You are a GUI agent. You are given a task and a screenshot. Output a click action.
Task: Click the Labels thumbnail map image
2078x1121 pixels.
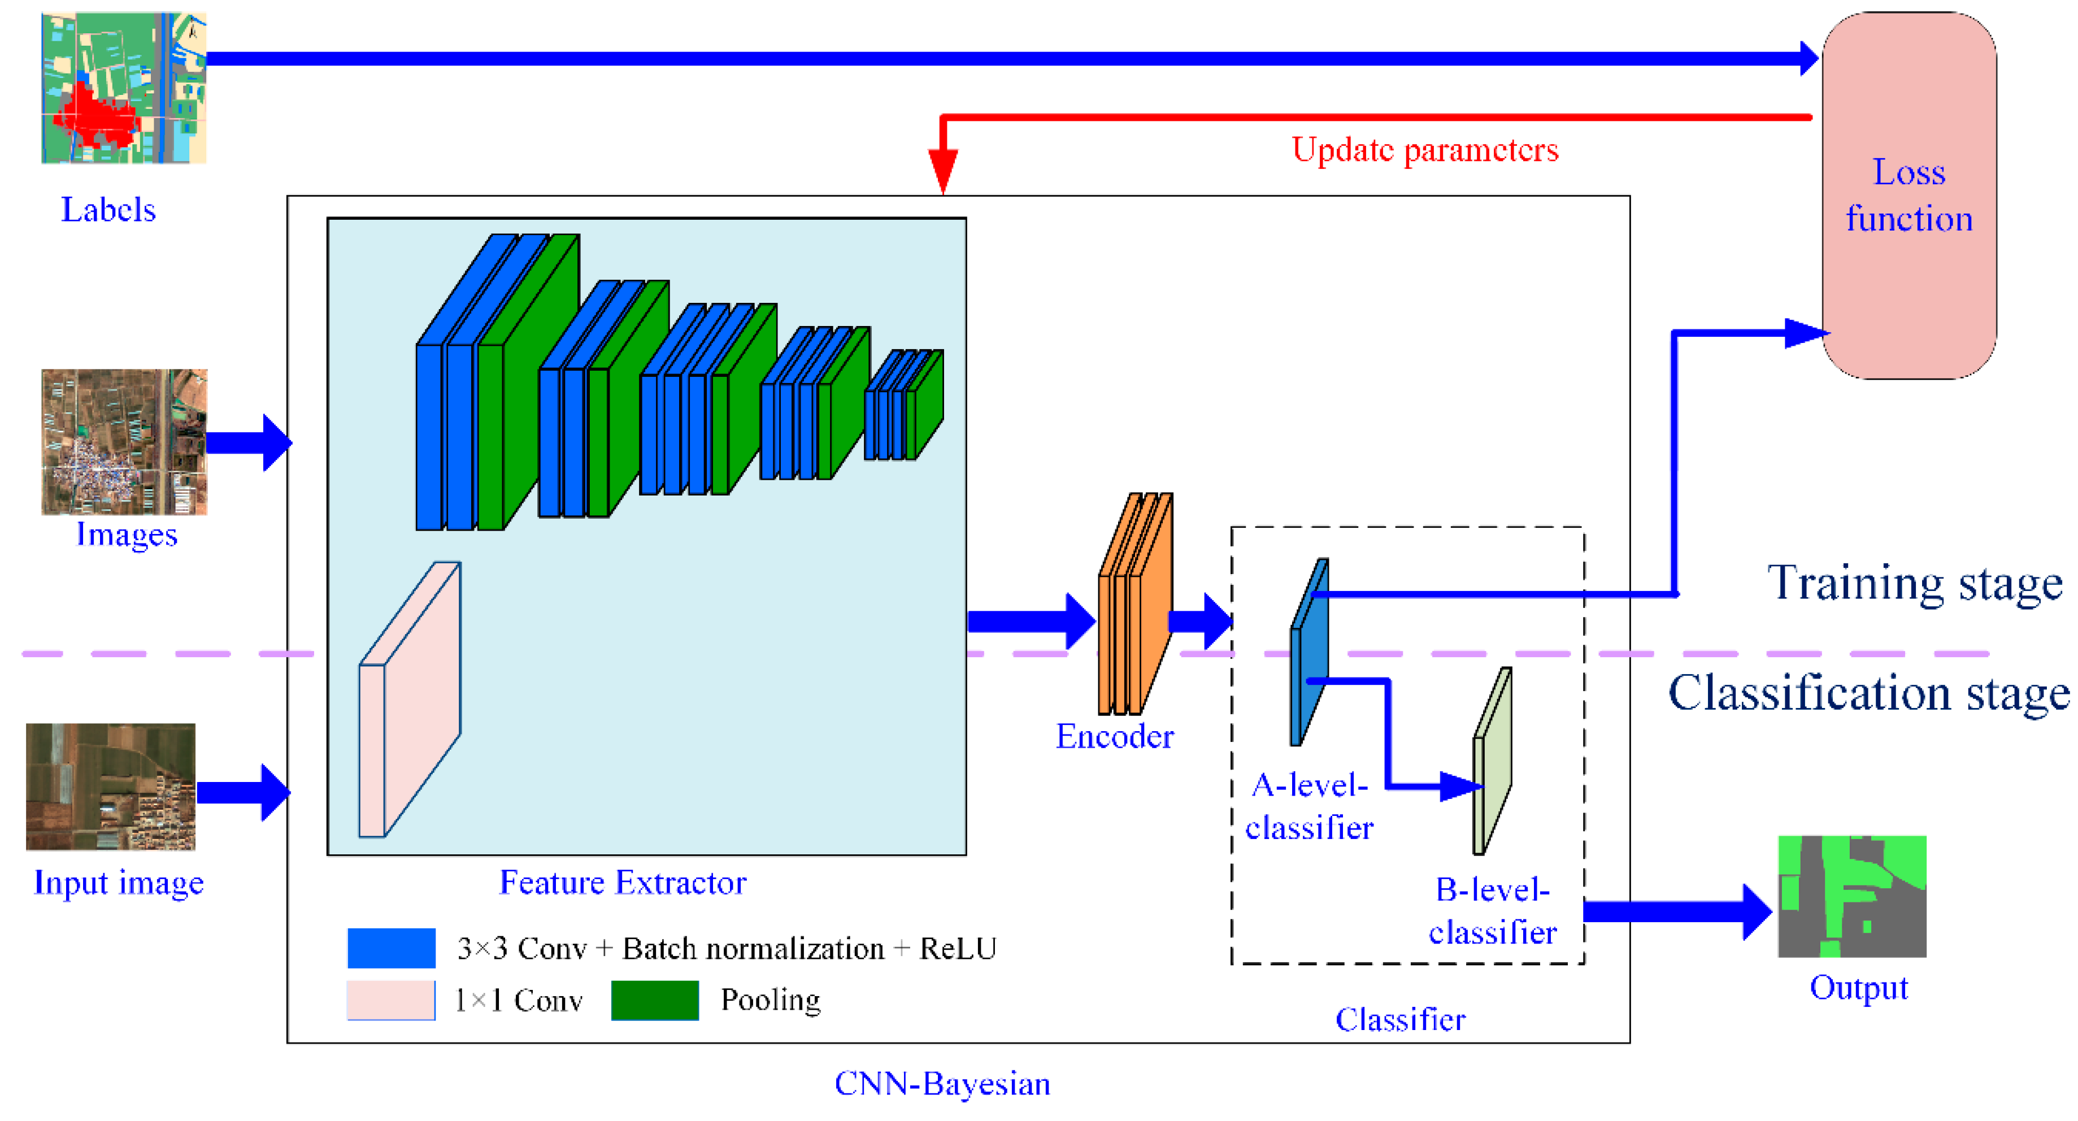(123, 87)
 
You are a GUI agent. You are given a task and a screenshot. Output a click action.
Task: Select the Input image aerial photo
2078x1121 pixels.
(111, 787)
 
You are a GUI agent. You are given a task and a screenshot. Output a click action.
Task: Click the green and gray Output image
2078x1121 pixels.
(1851, 896)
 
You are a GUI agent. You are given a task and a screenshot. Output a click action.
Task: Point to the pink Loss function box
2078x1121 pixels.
(1909, 195)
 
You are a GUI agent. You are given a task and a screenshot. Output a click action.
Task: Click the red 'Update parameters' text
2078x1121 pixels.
(1424, 150)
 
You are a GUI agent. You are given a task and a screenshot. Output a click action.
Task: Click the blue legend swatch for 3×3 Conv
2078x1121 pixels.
(391, 948)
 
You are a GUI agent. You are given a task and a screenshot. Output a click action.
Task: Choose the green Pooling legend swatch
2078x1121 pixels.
(654, 1000)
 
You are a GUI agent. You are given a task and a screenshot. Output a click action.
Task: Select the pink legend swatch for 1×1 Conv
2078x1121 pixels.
(390, 1000)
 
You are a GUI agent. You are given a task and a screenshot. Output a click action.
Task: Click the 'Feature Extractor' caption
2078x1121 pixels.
(622, 883)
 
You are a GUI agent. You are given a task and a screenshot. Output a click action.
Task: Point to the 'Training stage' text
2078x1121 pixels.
(1914, 583)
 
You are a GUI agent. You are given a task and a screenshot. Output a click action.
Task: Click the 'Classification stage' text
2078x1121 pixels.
(1868, 693)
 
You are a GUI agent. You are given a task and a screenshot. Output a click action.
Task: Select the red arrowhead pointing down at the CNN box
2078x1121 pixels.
(942, 170)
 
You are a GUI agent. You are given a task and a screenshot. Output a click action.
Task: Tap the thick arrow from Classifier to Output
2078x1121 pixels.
(1674, 911)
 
